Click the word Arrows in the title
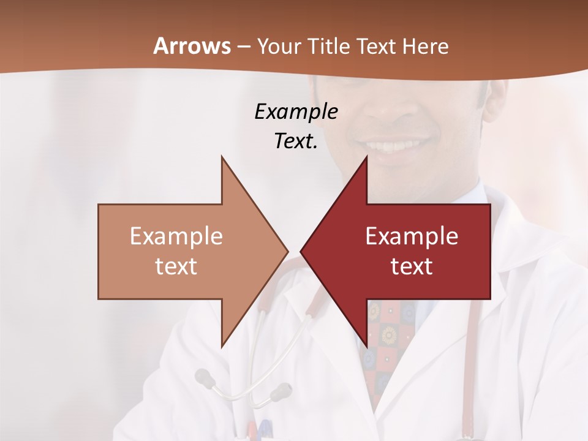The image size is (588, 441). click(x=192, y=47)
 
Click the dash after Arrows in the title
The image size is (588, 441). click(x=243, y=47)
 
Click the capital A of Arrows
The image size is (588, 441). click(x=160, y=47)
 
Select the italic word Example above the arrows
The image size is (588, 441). click(x=296, y=111)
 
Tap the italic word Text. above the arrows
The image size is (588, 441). click(x=296, y=141)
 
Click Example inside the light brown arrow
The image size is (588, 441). click(x=176, y=236)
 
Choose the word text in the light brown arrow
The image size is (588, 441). click(x=176, y=266)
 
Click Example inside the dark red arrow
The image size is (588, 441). click(x=412, y=236)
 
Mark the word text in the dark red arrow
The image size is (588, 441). click(x=412, y=266)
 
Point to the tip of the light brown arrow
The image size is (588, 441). click(x=287, y=251)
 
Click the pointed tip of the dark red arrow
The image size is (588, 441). click(x=302, y=251)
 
